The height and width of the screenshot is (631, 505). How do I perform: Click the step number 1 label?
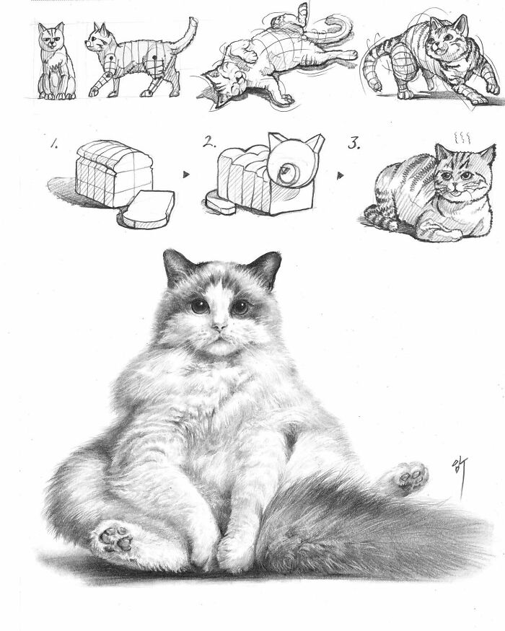tap(54, 144)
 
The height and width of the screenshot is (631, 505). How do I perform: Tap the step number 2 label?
tap(209, 143)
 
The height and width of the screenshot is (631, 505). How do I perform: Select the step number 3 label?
tap(354, 143)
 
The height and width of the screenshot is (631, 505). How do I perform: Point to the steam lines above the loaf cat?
tap(459, 136)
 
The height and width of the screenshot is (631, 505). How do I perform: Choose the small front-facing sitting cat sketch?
tap(56, 61)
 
